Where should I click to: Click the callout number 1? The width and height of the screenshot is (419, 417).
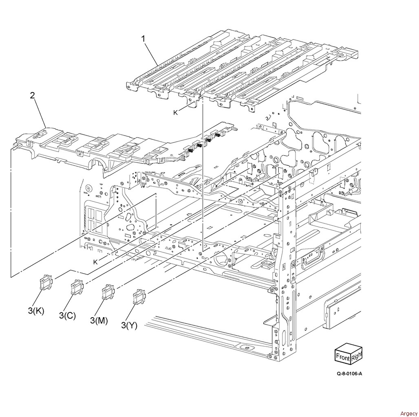coord(143,39)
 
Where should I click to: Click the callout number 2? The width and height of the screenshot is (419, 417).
coord(32,95)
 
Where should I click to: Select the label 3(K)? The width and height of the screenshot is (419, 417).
coord(36,311)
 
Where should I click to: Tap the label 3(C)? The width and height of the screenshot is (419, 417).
coord(67,316)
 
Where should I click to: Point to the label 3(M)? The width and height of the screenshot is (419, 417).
coord(99,320)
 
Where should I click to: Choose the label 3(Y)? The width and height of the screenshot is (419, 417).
coord(129,325)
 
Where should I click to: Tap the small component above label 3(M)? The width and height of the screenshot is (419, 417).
coord(108,292)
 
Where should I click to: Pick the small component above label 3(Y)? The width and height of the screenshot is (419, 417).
coord(139,297)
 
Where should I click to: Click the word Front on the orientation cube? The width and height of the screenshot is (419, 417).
coord(343,357)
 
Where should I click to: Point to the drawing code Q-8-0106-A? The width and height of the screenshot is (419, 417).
coord(349,373)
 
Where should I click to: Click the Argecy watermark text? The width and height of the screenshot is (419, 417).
coord(408,413)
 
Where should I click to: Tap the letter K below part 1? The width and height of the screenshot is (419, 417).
coord(175,113)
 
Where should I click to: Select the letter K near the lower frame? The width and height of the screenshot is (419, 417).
coord(95,262)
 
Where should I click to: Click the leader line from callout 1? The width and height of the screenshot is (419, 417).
coord(152,54)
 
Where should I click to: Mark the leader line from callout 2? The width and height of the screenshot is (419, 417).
coord(40,113)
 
